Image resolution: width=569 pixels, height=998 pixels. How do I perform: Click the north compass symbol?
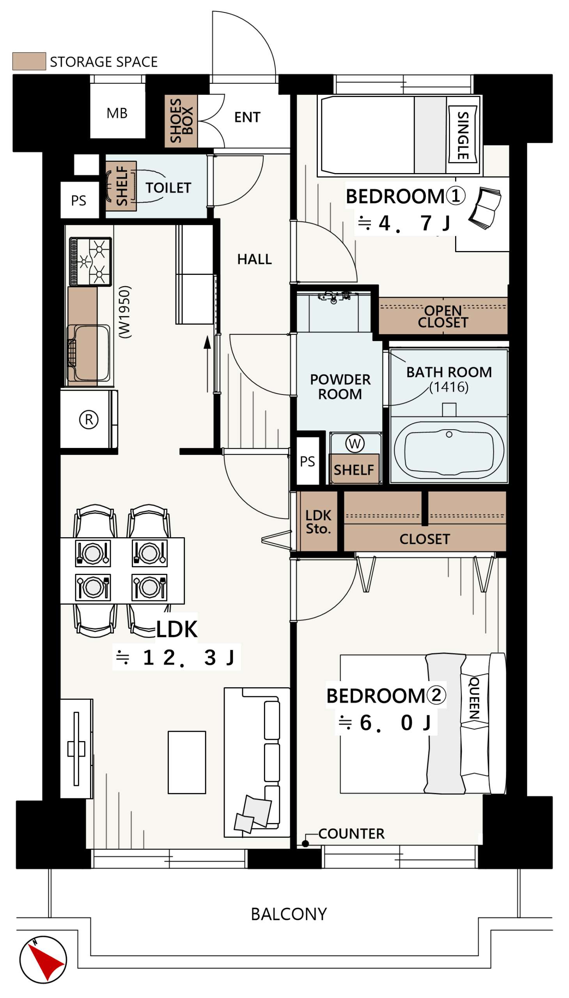tap(43, 959)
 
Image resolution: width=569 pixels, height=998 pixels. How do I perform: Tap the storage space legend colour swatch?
tap(29, 61)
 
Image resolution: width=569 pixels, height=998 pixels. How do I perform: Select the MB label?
tap(117, 113)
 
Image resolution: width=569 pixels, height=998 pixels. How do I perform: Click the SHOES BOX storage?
tap(181, 121)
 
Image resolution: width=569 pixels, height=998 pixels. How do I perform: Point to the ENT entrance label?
tap(247, 117)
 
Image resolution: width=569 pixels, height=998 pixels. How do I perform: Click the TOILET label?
tap(168, 188)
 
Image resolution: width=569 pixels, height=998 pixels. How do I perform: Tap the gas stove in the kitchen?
tap(90, 262)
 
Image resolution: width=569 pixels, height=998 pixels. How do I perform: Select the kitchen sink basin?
tap(89, 353)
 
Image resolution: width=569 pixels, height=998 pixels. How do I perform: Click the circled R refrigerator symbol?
tap(89, 420)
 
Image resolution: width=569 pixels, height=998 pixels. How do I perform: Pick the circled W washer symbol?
tap(355, 443)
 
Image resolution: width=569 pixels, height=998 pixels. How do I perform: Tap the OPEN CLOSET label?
tap(443, 317)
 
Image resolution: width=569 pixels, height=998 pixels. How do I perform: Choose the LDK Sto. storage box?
tap(318, 522)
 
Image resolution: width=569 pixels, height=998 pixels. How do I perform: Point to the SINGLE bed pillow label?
tap(463, 136)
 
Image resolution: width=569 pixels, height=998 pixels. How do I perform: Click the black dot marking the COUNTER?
tap(306, 844)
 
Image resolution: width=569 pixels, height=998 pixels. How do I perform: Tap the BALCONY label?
tap(289, 914)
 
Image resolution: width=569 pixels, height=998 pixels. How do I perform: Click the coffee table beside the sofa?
tap(187, 763)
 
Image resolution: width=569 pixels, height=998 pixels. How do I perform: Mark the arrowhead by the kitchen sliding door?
tap(207, 342)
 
